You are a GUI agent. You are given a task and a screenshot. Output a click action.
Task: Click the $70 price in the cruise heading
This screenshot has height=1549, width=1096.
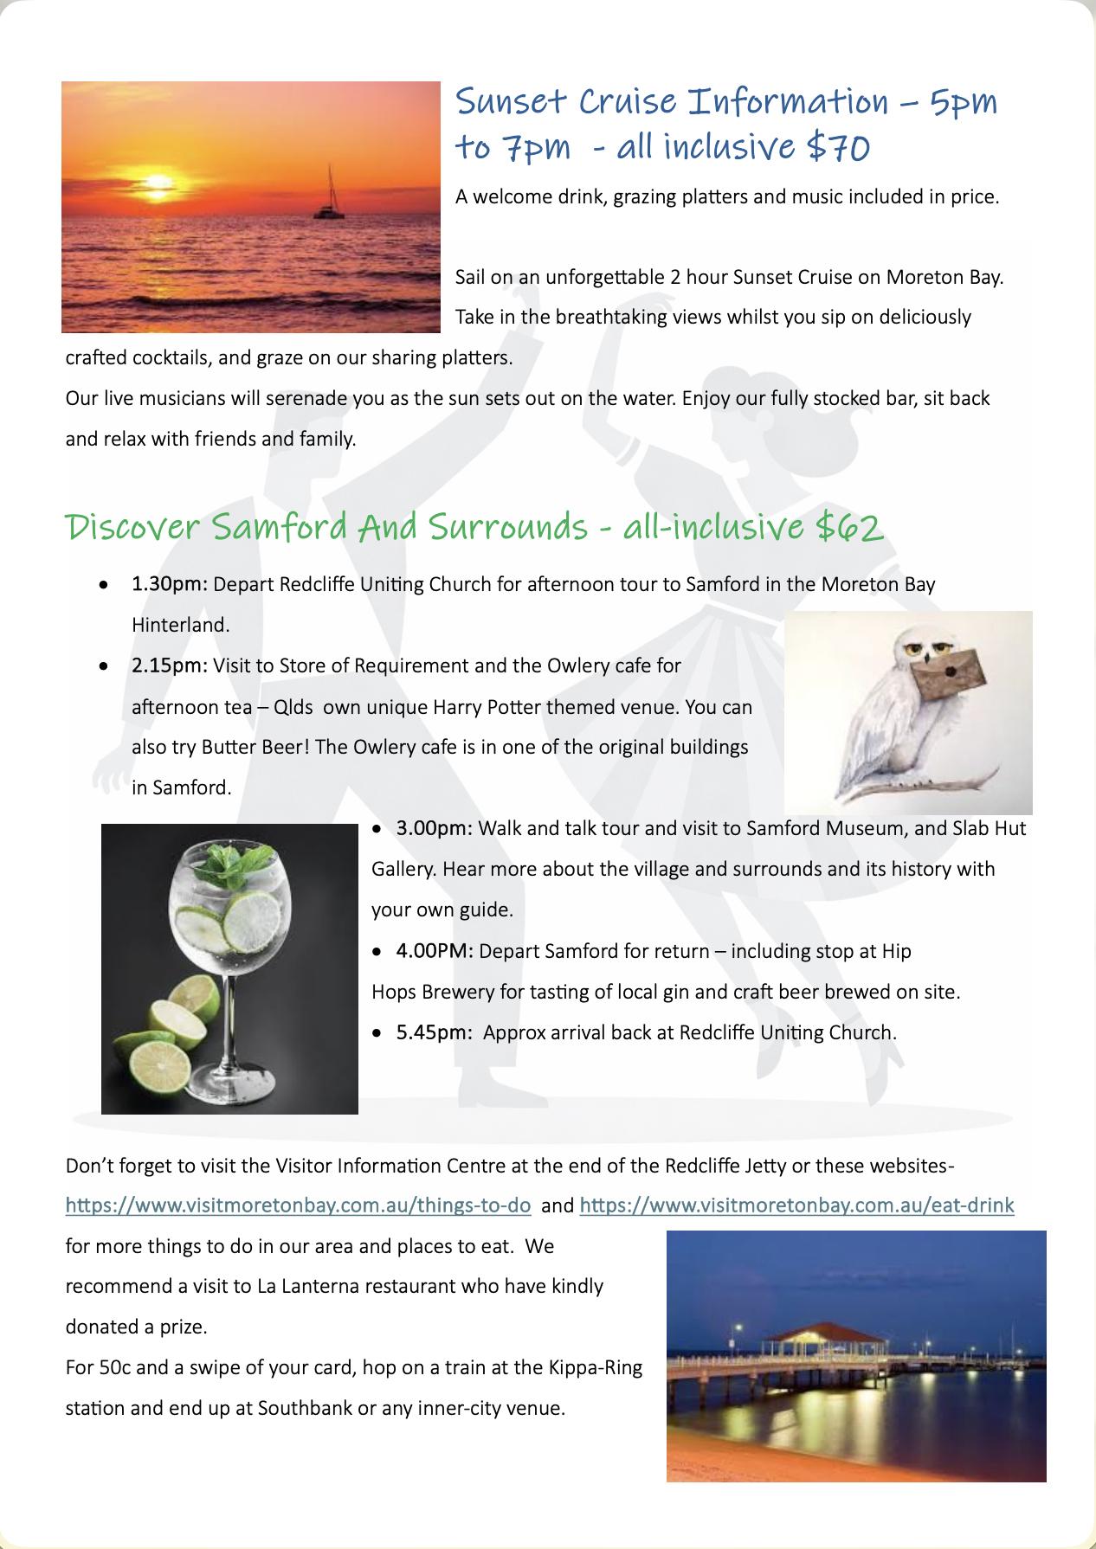837,147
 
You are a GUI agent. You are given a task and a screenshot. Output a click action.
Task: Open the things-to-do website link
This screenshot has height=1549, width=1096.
298,1205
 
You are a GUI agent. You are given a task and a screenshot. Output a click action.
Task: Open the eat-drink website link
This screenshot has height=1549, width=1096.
796,1205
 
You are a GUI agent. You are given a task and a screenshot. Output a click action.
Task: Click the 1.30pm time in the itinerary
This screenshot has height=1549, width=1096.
169,585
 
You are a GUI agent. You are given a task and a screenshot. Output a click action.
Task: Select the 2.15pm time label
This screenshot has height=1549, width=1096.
169,666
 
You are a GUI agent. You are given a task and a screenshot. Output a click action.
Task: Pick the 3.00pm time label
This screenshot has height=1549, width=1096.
434,829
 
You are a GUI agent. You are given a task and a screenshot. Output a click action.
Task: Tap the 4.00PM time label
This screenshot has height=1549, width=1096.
434,952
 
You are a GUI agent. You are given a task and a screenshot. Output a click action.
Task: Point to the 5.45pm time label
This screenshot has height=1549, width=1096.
434,1033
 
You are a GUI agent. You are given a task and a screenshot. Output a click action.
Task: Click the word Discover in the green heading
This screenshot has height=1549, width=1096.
132,527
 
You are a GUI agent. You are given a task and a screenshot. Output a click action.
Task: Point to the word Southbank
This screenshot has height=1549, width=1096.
305,1409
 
